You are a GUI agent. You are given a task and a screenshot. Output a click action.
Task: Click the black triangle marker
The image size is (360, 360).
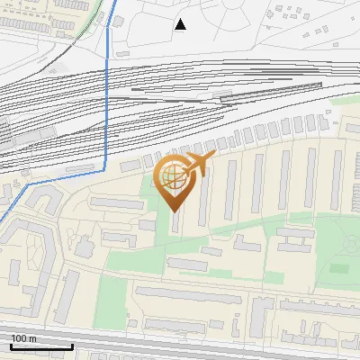[x=180, y=24]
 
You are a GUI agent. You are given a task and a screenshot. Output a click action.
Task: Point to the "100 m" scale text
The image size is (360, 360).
[x=24, y=338]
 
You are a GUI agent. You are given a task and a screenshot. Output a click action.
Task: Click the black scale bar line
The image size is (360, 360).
[x=41, y=346]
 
